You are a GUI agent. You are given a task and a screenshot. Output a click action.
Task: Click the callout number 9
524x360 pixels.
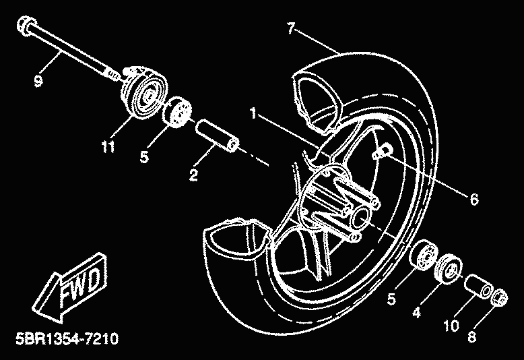37,82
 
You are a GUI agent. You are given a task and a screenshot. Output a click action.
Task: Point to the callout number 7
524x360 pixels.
290,28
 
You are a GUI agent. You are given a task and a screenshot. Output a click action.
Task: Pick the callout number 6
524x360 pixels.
473,200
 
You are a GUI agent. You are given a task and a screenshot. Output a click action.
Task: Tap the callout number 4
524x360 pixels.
416,312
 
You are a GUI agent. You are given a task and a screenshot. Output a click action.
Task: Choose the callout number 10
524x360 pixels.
451,325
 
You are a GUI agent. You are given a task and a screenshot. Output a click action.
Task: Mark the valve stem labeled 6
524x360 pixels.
381,153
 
